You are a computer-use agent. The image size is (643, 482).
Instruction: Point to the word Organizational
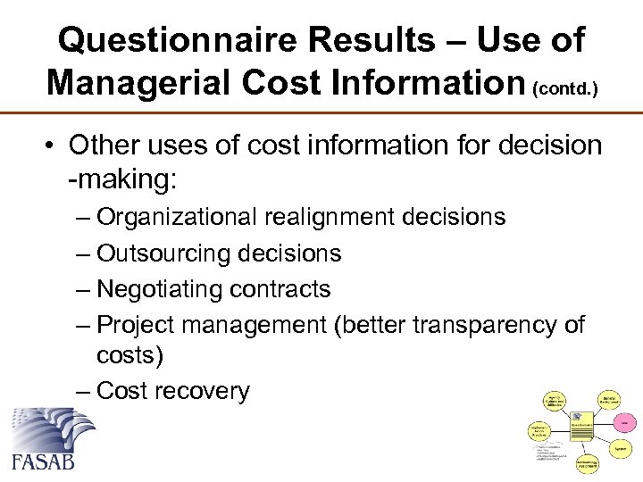pyautogui.click(x=179, y=217)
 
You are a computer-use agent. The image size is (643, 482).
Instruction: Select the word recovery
pyautogui.click(x=208, y=391)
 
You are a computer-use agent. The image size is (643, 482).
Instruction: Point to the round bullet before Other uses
pyautogui.click(x=51, y=145)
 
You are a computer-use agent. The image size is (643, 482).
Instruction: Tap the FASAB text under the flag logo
pyautogui.click(x=44, y=461)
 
